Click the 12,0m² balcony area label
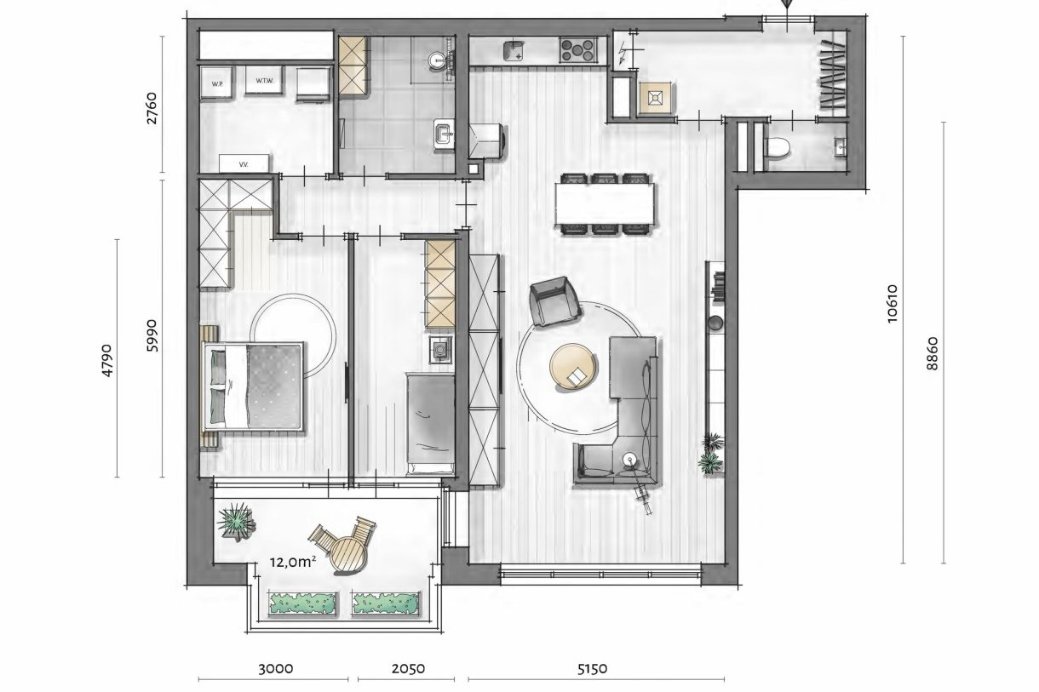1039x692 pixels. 292,562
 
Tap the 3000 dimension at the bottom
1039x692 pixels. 274,669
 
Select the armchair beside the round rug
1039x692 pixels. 554,302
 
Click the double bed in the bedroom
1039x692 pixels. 255,386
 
